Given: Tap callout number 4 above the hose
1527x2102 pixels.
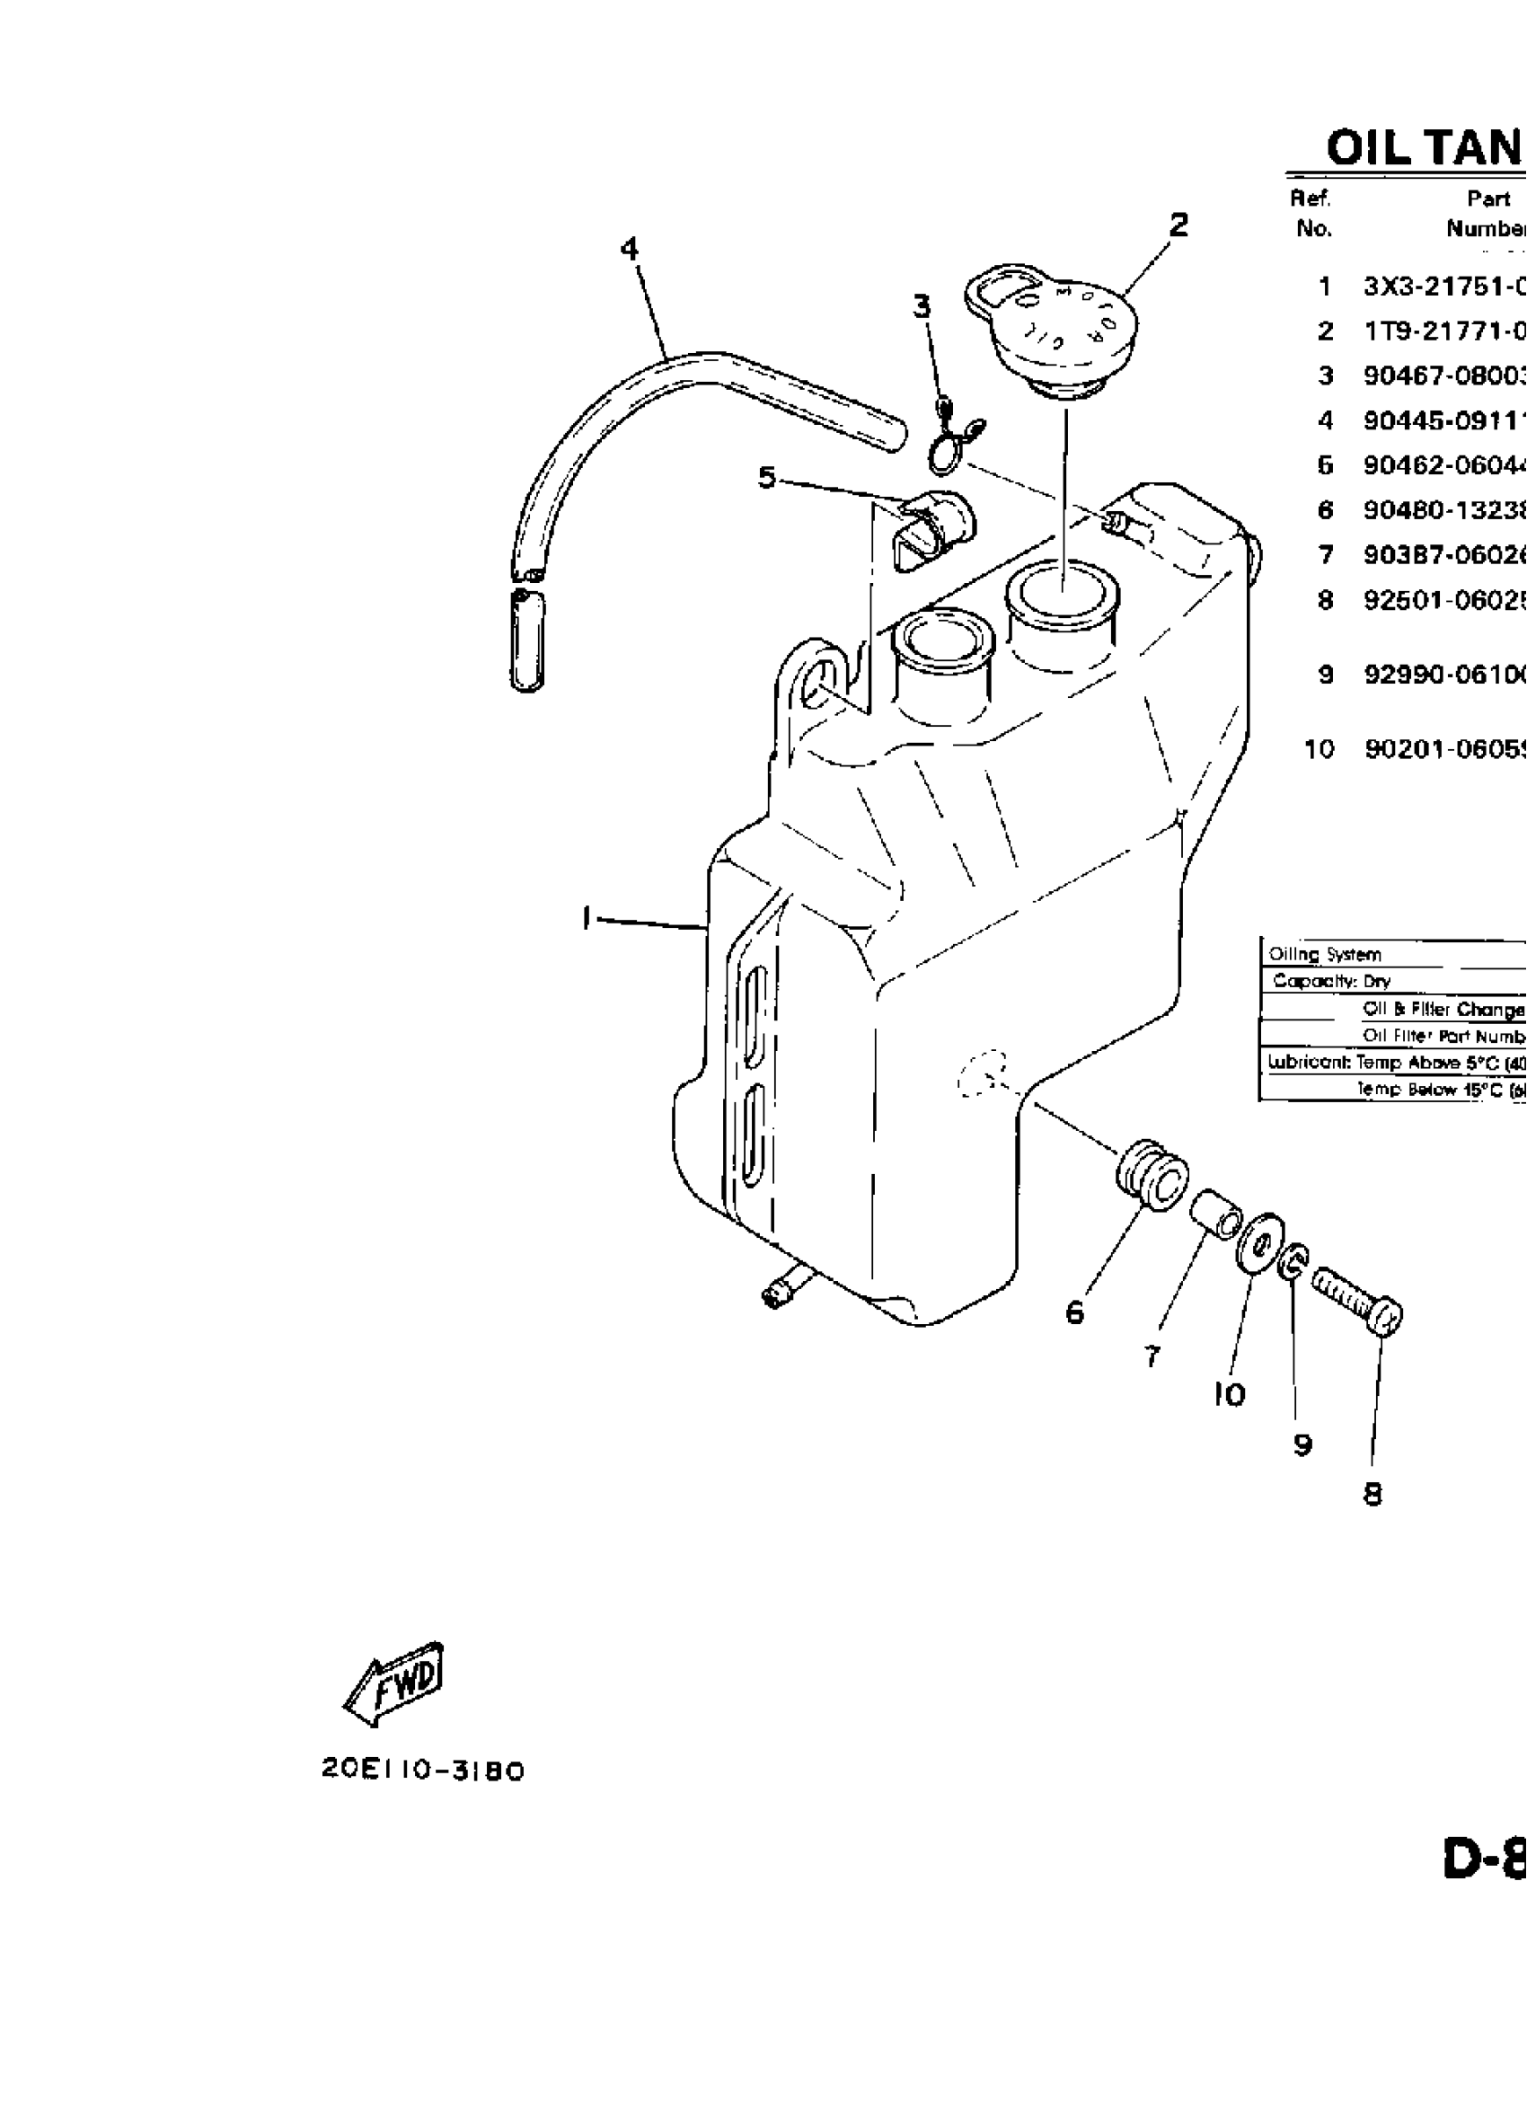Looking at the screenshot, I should click(x=630, y=249).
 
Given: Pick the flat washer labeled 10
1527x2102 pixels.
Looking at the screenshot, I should click(x=1260, y=1243).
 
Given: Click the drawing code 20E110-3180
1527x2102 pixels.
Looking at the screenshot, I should click(x=423, y=1771).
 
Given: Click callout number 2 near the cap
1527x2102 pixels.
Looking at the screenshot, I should click(x=1178, y=225).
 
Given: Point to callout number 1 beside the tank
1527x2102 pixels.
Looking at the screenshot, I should click(x=586, y=917).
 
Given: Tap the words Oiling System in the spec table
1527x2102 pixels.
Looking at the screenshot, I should click(x=1325, y=954).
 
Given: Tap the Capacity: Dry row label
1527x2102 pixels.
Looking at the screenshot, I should click(x=1331, y=981).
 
